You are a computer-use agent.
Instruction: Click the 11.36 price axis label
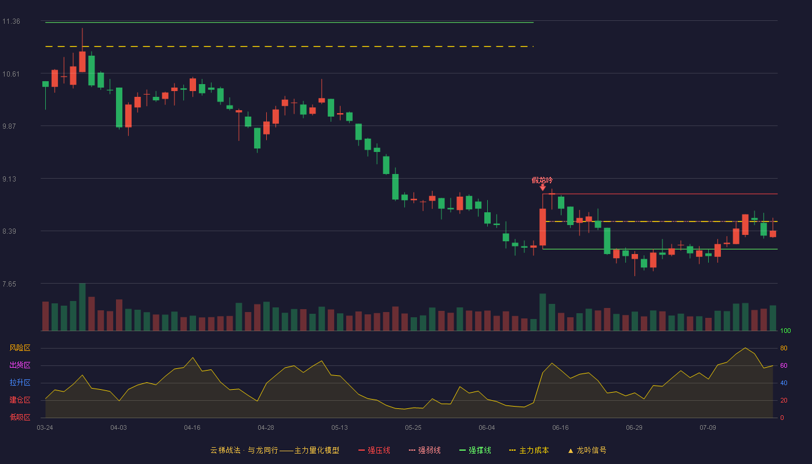pos(11,21)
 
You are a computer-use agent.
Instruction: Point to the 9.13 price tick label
pos(9,179)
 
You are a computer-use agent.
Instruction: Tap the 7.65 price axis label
pos(9,284)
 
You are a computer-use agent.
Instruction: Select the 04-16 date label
pos(192,428)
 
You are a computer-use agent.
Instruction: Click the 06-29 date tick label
pos(634,428)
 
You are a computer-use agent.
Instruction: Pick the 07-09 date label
pos(708,428)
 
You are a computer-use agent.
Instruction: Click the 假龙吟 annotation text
pos(542,180)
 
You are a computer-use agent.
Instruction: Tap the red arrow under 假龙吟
pos(543,187)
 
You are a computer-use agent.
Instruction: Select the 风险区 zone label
pos(20,348)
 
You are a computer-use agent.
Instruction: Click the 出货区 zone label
pos(20,365)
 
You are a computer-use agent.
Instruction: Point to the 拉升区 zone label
pos(20,382)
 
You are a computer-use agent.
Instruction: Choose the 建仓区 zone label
pos(20,400)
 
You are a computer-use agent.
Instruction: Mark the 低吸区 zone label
pos(20,417)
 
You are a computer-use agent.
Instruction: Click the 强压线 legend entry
pos(374,450)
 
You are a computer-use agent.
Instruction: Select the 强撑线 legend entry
pos(475,450)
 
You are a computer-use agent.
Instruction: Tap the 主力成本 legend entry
pos(529,450)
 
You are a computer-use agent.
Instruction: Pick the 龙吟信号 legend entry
pos(587,450)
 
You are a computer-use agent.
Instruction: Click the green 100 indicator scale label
pos(785,331)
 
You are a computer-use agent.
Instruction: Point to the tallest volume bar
pos(82,307)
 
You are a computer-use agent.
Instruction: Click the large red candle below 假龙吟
pos(543,227)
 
